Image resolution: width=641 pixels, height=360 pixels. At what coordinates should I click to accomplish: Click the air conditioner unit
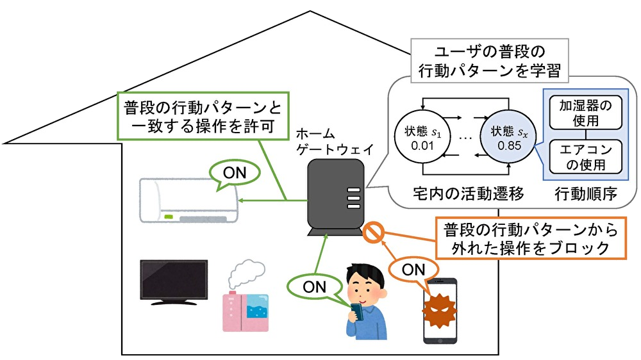point(186,201)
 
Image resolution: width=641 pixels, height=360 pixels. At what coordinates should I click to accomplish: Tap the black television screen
point(174,280)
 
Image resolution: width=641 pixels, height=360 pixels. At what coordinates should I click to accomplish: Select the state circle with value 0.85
point(506,138)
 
